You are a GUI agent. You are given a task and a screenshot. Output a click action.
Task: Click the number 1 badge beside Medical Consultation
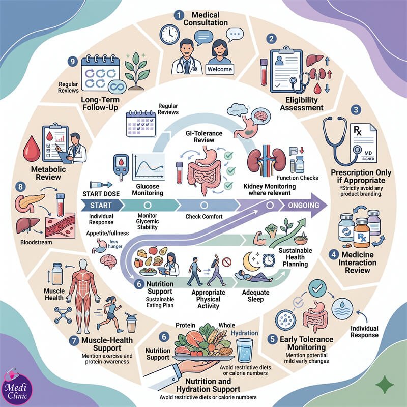[179, 16]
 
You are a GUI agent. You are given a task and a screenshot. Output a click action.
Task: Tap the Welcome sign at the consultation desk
[220, 69]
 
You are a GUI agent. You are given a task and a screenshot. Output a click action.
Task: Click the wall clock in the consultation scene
[169, 35]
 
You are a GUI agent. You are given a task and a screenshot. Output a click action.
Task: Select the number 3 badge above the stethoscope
[356, 109]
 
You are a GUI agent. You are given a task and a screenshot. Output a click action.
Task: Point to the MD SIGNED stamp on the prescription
[368, 156]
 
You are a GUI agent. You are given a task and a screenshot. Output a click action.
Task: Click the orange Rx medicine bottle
[362, 233]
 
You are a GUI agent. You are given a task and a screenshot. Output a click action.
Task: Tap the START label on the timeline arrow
[101, 206]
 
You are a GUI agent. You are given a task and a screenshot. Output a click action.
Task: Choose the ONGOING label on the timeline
[303, 206]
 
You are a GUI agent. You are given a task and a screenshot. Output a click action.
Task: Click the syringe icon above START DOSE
[101, 185]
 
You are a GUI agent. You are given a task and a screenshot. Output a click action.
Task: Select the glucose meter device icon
[121, 167]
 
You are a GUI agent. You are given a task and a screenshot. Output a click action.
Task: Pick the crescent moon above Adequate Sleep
[250, 261]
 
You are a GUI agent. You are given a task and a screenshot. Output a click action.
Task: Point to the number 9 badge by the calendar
[73, 62]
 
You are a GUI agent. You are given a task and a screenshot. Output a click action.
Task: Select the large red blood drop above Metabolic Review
[32, 149]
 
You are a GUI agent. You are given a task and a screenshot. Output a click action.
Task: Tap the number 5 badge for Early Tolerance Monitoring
[273, 339]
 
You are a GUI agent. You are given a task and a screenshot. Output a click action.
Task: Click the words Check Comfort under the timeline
[204, 217]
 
